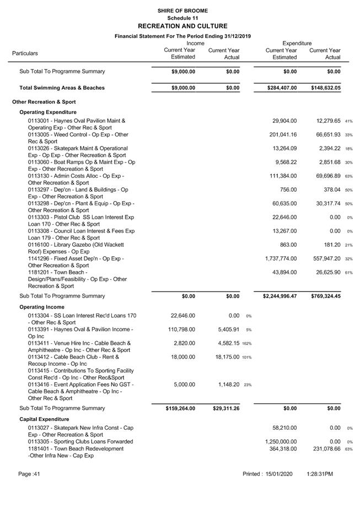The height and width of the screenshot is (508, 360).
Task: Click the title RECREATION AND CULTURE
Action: click(182, 26)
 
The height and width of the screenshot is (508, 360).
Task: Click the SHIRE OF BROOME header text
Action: click(182, 10)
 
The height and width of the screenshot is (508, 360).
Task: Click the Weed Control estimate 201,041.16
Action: click(281, 134)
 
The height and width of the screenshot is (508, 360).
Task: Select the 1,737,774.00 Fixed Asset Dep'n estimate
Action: click(281, 258)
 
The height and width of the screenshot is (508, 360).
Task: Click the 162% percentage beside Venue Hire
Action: click(246, 344)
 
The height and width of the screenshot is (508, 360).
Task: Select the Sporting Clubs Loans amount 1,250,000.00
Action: click(281, 441)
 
